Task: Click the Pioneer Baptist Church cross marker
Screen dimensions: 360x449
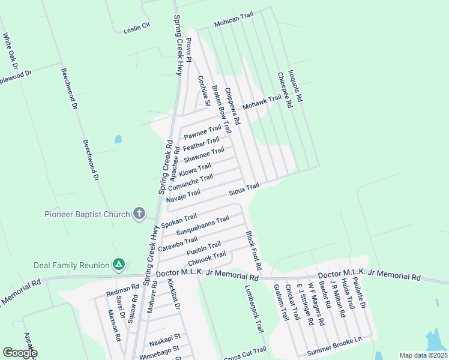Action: pyautogui.click(x=139, y=214)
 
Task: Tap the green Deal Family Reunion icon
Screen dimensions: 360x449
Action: pyautogui.click(x=119, y=265)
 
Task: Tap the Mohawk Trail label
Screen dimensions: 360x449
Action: pyautogui.click(x=262, y=102)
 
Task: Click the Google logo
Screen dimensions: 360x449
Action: pyautogui.click(x=20, y=353)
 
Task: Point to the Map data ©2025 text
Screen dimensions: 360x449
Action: pyautogui.click(x=423, y=355)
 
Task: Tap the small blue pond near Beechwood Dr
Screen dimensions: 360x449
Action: pyautogui.click(x=118, y=139)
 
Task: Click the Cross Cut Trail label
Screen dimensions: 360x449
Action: pyautogui.click(x=245, y=354)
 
